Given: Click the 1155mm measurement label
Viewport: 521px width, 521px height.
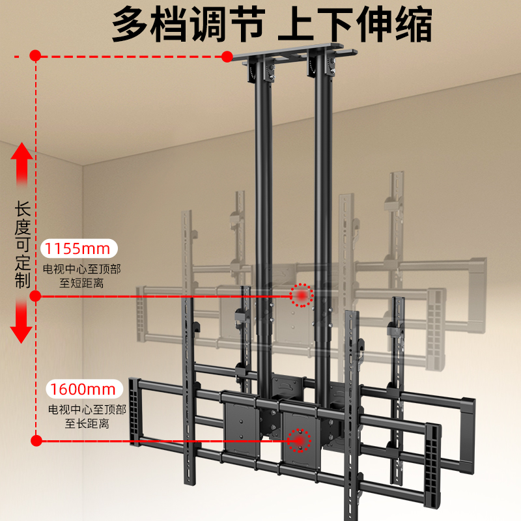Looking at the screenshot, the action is tap(79, 249).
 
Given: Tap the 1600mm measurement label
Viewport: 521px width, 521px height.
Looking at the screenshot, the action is tap(84, 389).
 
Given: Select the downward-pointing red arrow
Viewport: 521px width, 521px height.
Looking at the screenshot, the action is tap(22, 322).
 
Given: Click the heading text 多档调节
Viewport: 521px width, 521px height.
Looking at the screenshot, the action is tap(188, 26).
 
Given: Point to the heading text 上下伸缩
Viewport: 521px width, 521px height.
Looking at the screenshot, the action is tap(355, 26).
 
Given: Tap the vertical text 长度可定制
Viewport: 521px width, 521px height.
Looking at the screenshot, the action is tap(22, 244).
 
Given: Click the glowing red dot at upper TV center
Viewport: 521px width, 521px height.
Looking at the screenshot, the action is tap(302, 296).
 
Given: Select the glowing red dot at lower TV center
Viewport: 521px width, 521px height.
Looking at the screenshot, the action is tap(301, 440).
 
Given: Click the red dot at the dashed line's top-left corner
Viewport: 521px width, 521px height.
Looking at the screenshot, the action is tap(36, 57).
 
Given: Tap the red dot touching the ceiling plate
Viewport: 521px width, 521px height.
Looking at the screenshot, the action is tap(227, 57).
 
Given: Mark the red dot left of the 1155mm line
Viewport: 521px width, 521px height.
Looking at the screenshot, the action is tap(36, 296).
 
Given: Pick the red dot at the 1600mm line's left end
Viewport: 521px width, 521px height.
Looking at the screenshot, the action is tap(36, 441).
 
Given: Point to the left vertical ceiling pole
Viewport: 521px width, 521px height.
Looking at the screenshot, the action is tap(263, 195).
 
